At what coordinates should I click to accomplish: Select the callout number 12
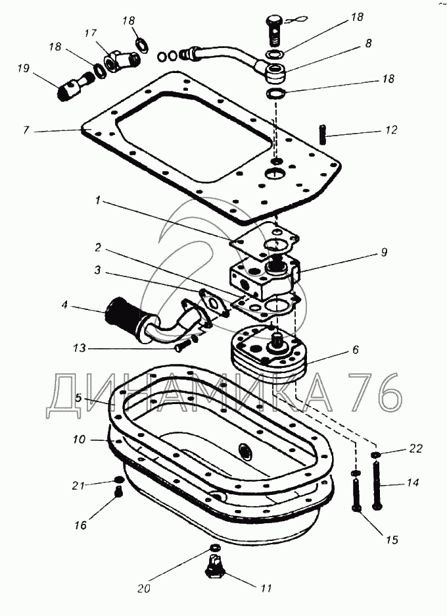(391, 130)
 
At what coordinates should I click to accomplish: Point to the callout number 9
(383, 252)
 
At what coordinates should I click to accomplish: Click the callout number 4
(65, 305)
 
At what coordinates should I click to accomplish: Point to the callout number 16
(80, 525)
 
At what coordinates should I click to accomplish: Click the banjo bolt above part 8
(275, 27)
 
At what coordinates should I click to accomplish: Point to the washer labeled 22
(375, 455)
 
